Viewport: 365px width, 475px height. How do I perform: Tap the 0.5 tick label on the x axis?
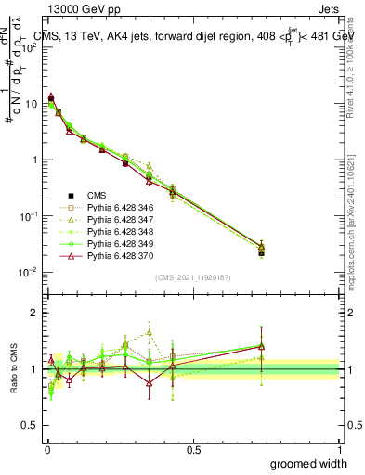coord(193,449)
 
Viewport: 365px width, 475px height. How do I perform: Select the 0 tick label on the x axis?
coord(46,449)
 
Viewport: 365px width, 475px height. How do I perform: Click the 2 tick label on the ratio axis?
coord(33,313)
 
